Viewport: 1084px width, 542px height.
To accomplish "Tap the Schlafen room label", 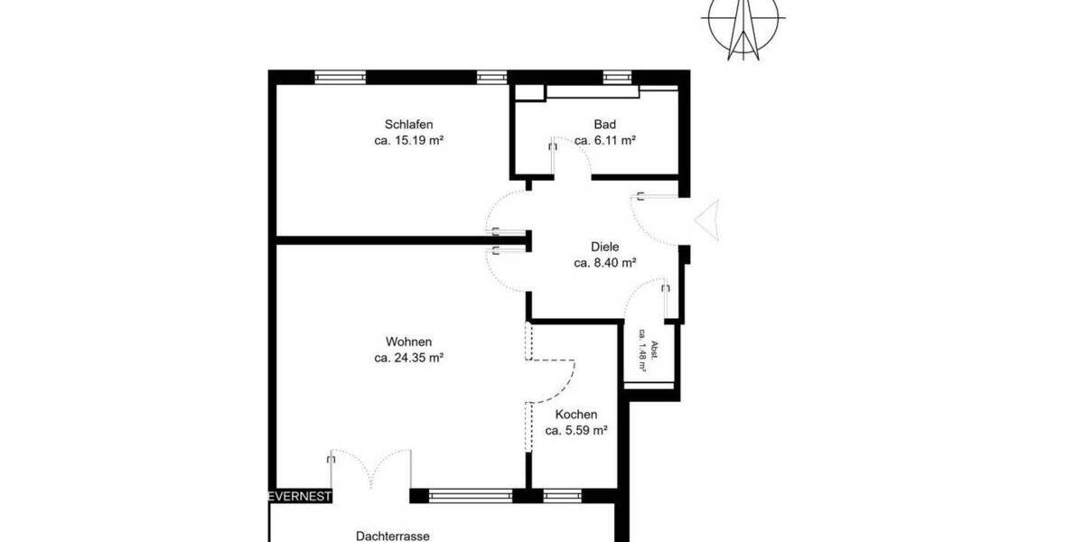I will [x=408, y=125].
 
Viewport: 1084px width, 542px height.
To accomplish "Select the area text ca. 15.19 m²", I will [x=408, y=141].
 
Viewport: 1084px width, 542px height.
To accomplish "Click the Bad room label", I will [x=604, y=125].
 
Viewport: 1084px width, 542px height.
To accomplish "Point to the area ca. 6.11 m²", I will [x=605, y=141].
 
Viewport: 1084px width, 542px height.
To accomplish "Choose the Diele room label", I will [x=605, y=247].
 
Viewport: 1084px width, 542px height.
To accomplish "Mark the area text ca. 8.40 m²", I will [x=605, y=263].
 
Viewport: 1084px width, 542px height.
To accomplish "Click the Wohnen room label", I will [x=408, y=342].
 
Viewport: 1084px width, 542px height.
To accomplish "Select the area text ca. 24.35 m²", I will [x=408, y=358].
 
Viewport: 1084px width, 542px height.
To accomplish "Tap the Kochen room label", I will [x=575, y=415].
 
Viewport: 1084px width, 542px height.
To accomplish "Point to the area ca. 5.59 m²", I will [x=575, y=431].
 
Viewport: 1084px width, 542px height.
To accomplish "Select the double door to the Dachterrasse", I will [x=370, y=472].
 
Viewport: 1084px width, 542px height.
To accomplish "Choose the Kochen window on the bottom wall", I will [x=561, y=495].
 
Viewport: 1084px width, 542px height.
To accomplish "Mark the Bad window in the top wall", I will [x=617, y=77].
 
